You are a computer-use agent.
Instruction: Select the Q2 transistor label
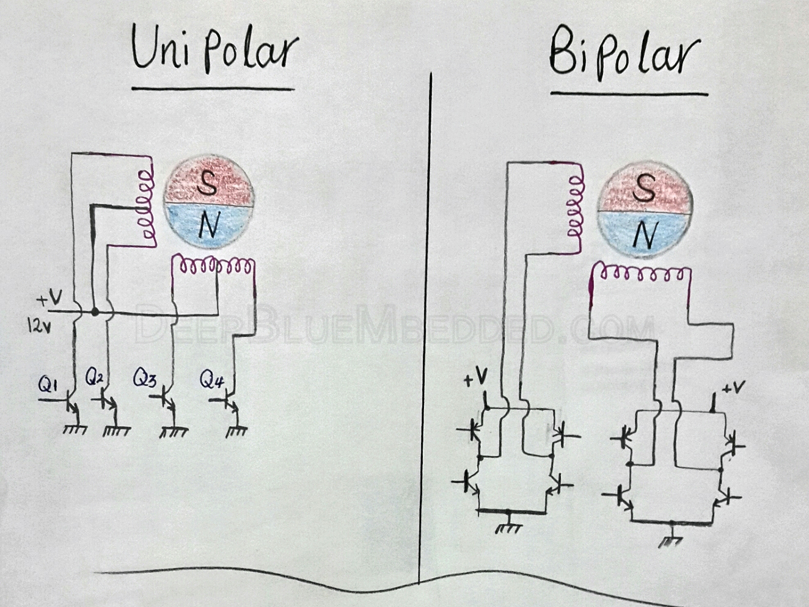point(95,378)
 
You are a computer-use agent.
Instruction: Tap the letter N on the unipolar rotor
point(208,227)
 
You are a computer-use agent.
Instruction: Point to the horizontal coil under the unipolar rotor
point(213,266)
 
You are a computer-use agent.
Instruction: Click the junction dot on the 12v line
point(95,312)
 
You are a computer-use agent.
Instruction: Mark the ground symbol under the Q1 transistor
point(75,429)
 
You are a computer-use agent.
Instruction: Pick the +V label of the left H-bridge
point(475,380)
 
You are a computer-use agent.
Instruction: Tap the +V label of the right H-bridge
point(733,388)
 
